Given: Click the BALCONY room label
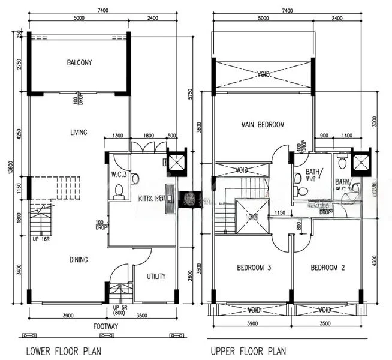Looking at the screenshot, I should tap(79, 62).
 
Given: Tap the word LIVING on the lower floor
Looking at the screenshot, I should tap(78, 133).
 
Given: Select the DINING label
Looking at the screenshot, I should tap(78, 260).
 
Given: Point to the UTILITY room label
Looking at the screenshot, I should tap(154, 277).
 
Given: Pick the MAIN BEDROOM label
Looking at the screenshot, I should tap(263, 125).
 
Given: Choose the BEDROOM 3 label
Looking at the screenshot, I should tap(254, 268).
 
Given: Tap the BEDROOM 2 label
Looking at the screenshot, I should tap(327, 268).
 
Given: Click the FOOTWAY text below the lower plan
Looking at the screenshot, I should tap(105, 328).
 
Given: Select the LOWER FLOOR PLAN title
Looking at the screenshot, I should tap(63, 350).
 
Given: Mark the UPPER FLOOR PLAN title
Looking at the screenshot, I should tap(248, 350).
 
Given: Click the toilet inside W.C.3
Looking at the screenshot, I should tap(119, 191).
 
